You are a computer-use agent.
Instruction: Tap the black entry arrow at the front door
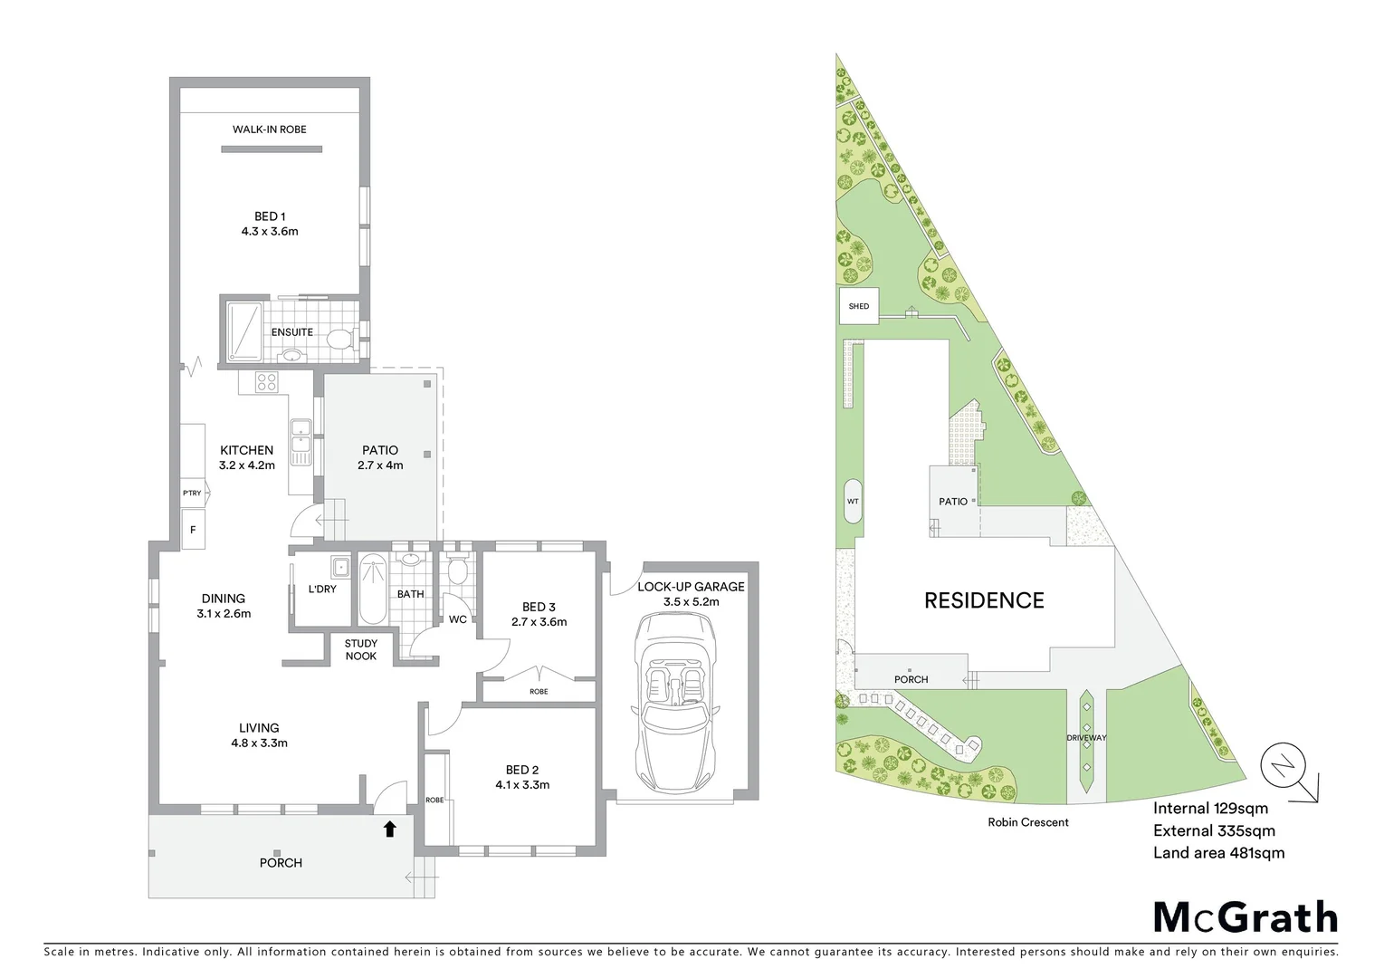pyautogui.click(x=389, y=828)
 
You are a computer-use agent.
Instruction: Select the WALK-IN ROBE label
pyautogui.click(x=269, y=129)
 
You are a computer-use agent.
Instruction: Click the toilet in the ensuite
pyautogui.click(x=339, y=340)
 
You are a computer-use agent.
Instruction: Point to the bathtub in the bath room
pyautogui.click(x=372, y=591)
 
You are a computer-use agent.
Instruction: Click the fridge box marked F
pyautogui.click(x=192, y=530)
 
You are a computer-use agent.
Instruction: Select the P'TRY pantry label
pyautogui.click(x=192, y=494)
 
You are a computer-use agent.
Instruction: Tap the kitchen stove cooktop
pyautogui.click(x=266, y=382)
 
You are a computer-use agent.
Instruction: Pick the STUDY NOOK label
pyautogui.click(x=360, y=649)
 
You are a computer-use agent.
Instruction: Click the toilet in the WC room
pyautogui.click(x=457, y=570)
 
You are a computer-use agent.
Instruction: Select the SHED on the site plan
pyautogui.click(x=858, y=306)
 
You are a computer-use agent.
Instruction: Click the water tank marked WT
pyautogui.click(x=852, y=501)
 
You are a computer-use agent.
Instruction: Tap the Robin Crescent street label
pyautogui.click(x=1028, y=822)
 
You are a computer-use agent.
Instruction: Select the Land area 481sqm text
pyautogui.click(x=1218, y=852)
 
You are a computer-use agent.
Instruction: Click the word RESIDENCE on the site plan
pyautogui.click(x=984, y=600)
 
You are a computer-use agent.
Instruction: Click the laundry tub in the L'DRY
pyautogui.click(x=340, y=568)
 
